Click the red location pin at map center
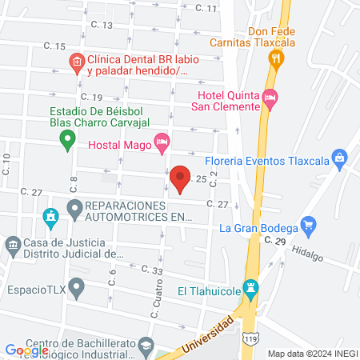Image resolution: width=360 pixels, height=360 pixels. point(181,178)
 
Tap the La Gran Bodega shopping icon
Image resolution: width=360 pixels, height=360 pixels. point(307,226)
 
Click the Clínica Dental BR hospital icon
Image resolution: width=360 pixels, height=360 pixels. point(76,61)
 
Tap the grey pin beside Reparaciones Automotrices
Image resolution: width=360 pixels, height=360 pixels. point(75,211)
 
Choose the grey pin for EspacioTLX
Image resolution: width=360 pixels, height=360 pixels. point(76,286)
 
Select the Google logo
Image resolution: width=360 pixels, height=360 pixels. point(26,350)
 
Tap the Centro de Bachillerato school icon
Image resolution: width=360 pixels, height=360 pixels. point(146,345)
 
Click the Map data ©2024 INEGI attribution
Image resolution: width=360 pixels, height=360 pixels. point(311,353)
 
